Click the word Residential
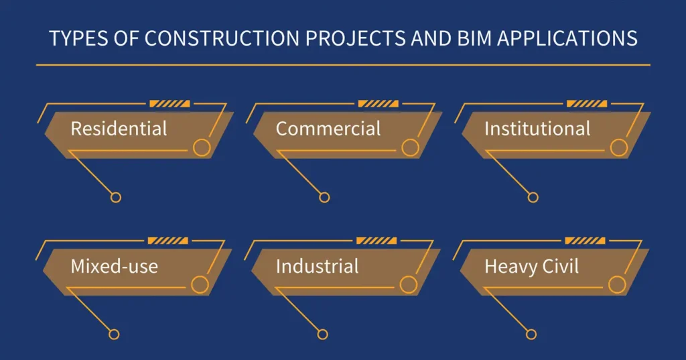click(119, 129)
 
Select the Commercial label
click(328, 129)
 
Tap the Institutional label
click(537, 129)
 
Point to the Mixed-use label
click(114, 266)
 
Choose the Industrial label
click(317, 266)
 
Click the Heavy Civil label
click(531, 266)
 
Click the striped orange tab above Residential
click(169, 104)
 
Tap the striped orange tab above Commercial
click(379, 104)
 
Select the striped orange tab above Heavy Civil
click(585, 241)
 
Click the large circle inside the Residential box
click(202, 148)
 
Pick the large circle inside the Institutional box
click(619, 148)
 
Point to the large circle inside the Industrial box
click(408, 285)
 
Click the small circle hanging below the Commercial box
click(324, 197)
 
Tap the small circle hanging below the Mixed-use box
click(114, 334)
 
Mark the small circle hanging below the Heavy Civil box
click(531, 334)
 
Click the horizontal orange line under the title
click(343, 65)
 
